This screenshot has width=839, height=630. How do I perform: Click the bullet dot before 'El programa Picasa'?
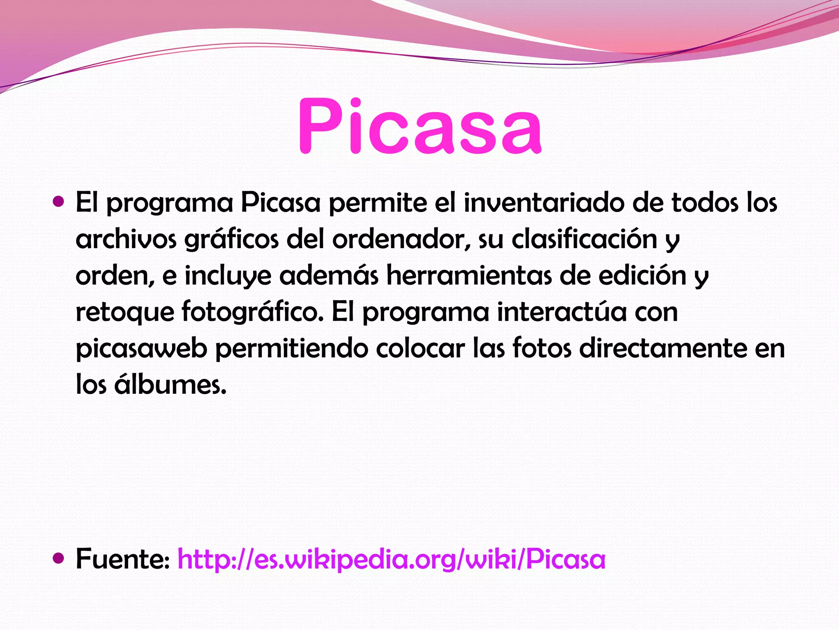click(59, 201)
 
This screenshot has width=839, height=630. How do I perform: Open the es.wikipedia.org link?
click(391, 559)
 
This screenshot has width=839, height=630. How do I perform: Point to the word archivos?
click(126, 239)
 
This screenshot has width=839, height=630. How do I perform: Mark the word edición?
click(642, 275)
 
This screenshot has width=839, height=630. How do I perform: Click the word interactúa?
click(562, 312)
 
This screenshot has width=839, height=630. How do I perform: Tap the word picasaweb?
click(141, 349)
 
